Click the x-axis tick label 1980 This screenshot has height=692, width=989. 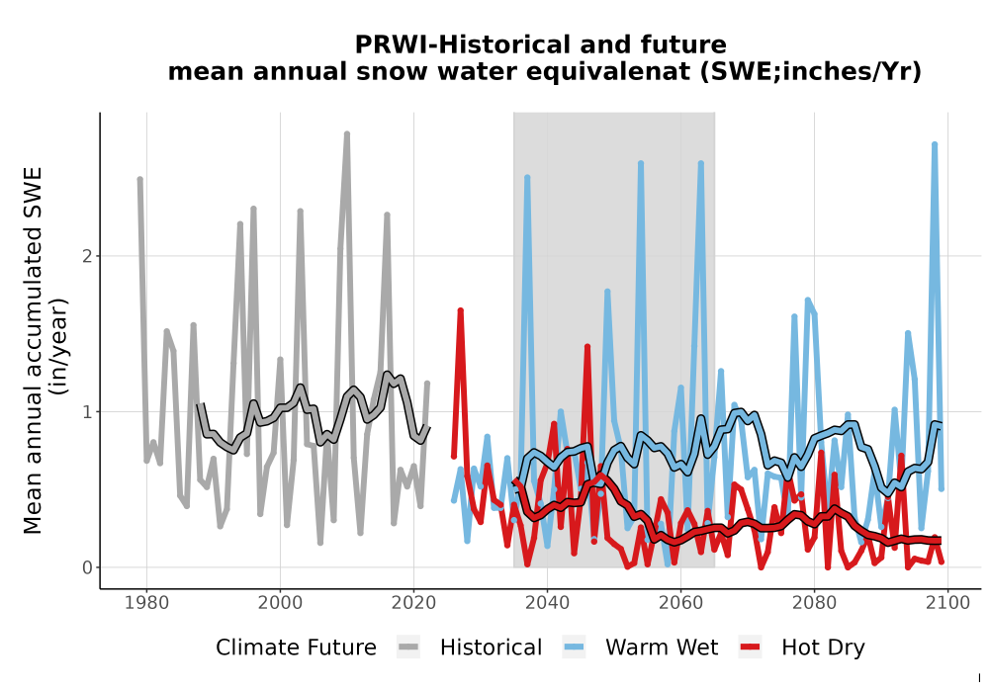pos(147,603)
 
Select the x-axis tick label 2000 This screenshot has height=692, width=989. pos(280,603)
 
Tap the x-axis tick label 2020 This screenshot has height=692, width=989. pos(413,603)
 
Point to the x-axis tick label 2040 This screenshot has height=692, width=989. pos(548,603)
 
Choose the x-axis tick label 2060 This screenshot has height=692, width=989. pos(680,603)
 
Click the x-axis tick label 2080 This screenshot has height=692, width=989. pos(814,603)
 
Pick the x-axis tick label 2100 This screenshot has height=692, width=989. pos(948,603)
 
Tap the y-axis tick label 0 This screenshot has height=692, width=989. pos(88,567)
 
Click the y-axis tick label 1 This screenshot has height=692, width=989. pos(88,412)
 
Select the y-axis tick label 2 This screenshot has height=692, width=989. pos(88,256)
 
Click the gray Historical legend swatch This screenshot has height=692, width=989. pos(408,648)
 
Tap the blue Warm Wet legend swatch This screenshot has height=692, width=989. pos(574,648)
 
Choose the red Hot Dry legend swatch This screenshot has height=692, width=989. pos(750,648)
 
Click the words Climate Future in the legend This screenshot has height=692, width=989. pos(296,648)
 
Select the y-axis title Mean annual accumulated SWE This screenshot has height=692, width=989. pos(33,351)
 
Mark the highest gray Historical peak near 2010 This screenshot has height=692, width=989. pos(347,134)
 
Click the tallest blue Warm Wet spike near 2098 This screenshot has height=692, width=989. pos(935,145)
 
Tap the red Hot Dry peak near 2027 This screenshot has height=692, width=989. pos(461,310)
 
